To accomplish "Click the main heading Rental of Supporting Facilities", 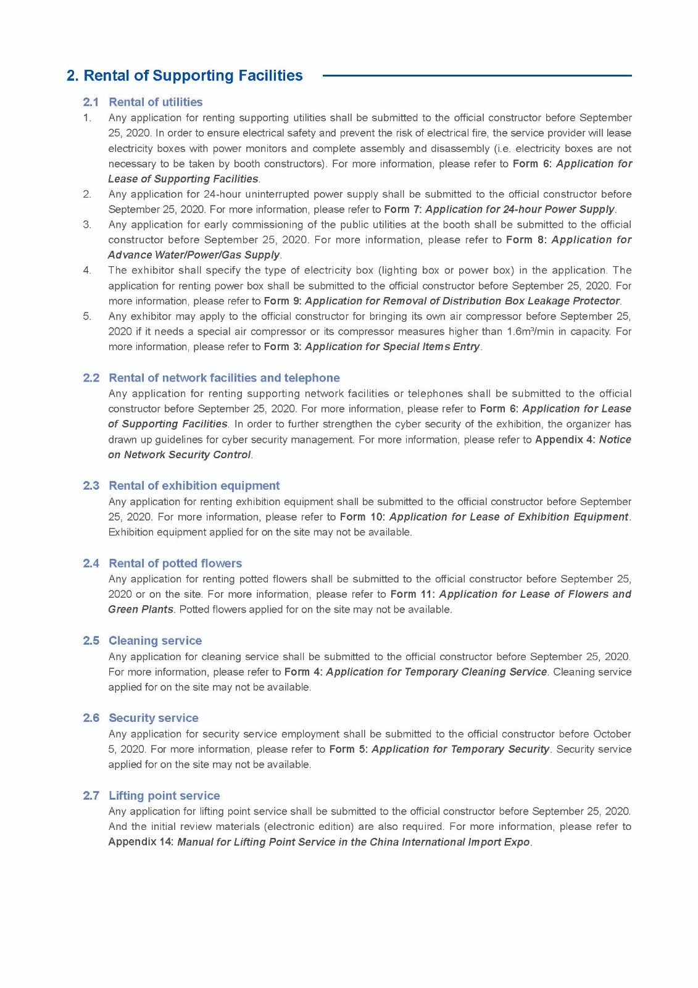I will [x=185, y=76].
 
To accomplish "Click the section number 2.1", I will [x=91, y=102].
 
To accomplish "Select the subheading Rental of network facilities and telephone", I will [x=224, y=378].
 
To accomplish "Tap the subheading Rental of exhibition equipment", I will [x=194, y=485].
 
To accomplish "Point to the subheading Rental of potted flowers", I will [x=175, y=563].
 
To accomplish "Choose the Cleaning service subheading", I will [x=155, y=640].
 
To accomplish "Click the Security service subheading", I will [x=153, y=718].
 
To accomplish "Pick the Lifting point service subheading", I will [x=164, y=795].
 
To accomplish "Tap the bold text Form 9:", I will [x=282, y=301].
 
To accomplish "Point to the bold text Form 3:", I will [x=282, y=346].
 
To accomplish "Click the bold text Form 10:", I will [x=362, y=517].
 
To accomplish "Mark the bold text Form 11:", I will [x=412, y=594].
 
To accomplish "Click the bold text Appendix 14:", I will [x=141, y=842].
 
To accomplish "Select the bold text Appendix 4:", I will [x=565, y=440].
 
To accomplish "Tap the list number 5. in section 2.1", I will [x=87, y=316].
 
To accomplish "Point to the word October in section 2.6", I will [x=612, y=734].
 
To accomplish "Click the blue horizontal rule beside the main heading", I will [x=476, y=76].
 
